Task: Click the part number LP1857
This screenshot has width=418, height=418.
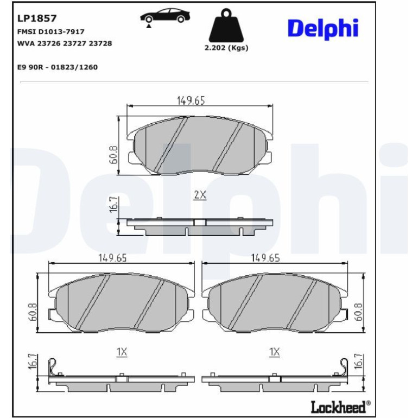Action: click(x=37, y=18)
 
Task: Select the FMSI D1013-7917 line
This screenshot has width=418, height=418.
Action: click(x=51, y=31)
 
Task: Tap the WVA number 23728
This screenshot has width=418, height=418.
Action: click(x=100, y=43)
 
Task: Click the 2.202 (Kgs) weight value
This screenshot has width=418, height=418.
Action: click(x=226, y=48)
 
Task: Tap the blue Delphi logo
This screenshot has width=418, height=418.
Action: click(x=323, y=28)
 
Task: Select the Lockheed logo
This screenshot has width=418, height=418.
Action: click(x=341, y=407)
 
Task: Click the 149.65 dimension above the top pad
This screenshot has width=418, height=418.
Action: click(x=191, y=100)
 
